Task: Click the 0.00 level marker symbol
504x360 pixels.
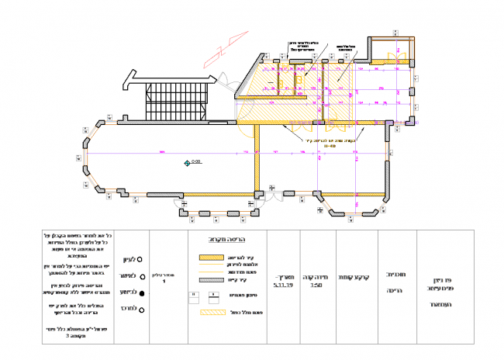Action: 187,162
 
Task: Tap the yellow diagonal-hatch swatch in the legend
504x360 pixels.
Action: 210,313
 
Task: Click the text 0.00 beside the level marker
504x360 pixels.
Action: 196,161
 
